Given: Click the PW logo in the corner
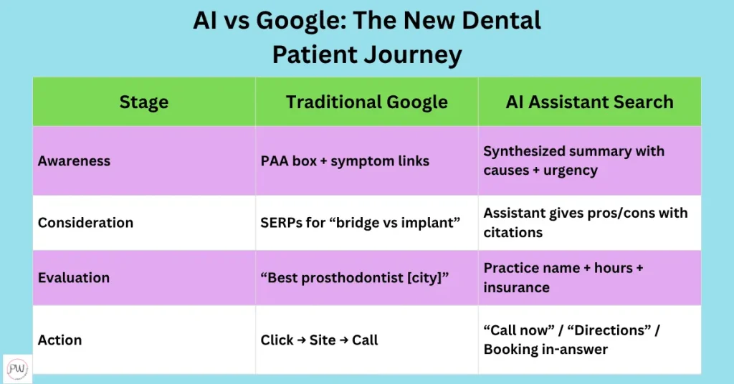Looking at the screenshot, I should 17,368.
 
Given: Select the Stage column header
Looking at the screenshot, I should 143,102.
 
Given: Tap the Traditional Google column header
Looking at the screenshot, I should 366,102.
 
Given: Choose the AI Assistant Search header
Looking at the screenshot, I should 589,102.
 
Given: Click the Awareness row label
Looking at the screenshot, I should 74,161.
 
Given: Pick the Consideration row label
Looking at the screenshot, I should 85,223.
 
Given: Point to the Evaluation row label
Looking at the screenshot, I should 74,277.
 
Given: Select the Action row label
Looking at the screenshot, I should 60,340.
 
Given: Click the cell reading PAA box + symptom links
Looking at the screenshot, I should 345,161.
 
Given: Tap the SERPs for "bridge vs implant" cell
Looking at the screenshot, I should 359,223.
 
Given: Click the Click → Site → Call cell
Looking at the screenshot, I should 319,340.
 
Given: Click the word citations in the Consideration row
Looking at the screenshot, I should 513,232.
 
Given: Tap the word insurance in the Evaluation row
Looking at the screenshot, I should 516,287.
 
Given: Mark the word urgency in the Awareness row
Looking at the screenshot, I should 571,171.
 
